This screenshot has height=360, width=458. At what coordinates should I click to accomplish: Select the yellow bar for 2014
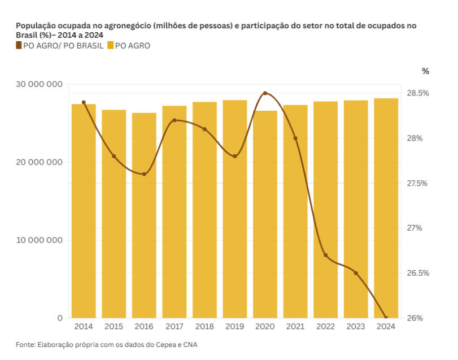pos(84,211)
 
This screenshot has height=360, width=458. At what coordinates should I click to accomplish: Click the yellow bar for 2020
pos(265,214)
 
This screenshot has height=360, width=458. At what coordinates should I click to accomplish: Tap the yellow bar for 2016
pos(144,215)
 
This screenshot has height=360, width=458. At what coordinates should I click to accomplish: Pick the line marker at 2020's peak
pos(265,93)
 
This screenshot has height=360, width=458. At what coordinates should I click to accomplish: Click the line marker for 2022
pos(325,255)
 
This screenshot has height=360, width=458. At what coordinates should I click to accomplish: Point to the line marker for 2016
pos(144,174)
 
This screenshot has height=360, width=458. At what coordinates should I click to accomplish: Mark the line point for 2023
pos(356,273)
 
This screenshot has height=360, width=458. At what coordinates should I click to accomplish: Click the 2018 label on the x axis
pos(204,327)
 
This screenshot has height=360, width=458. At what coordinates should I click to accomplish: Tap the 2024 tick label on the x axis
pos(386,327)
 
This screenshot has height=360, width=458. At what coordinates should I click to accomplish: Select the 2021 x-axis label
pos(295,327)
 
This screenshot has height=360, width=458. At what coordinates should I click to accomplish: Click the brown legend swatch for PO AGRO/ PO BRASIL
pos(19,46)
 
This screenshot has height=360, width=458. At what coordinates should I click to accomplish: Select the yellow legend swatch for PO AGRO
pos(110,46)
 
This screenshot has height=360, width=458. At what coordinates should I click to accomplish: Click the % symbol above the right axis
pos(425,71)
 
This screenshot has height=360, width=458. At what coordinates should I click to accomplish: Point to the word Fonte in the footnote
pos(25,344)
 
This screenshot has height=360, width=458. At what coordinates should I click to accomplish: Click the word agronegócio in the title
pos(129,26)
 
